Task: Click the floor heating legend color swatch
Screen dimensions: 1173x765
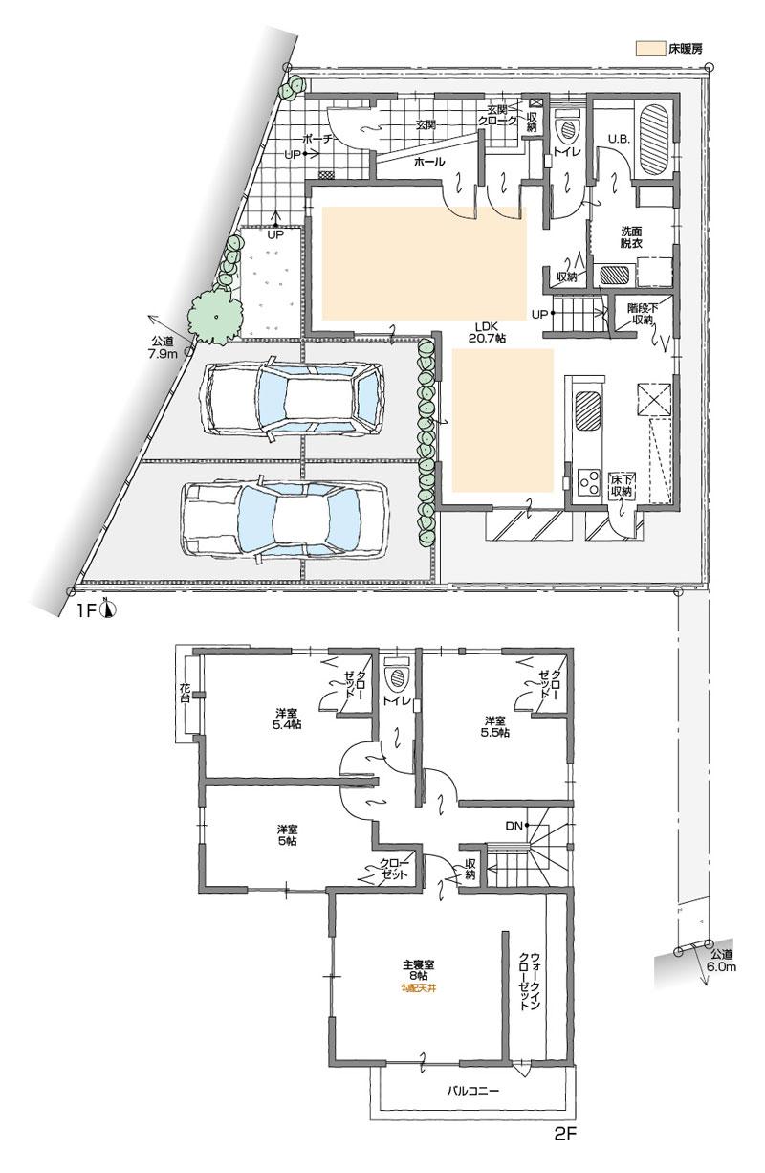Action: (x=652, y=46)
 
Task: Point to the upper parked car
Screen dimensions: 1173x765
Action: (x=293, y=394)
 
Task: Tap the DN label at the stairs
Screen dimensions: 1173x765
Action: (x=512, y=824)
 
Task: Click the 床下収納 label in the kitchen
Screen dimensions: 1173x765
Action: (x=621, y=485)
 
